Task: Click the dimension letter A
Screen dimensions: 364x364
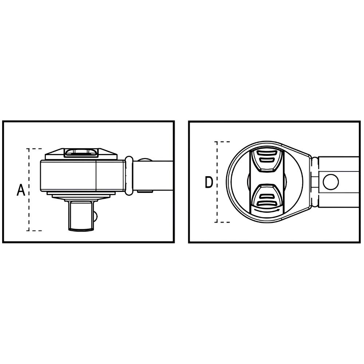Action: pyautogui.click(x=21, y=190)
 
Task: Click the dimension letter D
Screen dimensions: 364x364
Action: pyautogui.click(x=209, y=182)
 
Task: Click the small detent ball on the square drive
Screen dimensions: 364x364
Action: pyautogui.click(x=96, y=216)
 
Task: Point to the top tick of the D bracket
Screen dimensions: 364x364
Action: pyautogui.click(x=223, y=142)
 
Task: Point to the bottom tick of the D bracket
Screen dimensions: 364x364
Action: pyautogui.click(x=223, y=222)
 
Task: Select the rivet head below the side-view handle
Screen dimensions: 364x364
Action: pyautogui.click(x=145, y=191)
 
